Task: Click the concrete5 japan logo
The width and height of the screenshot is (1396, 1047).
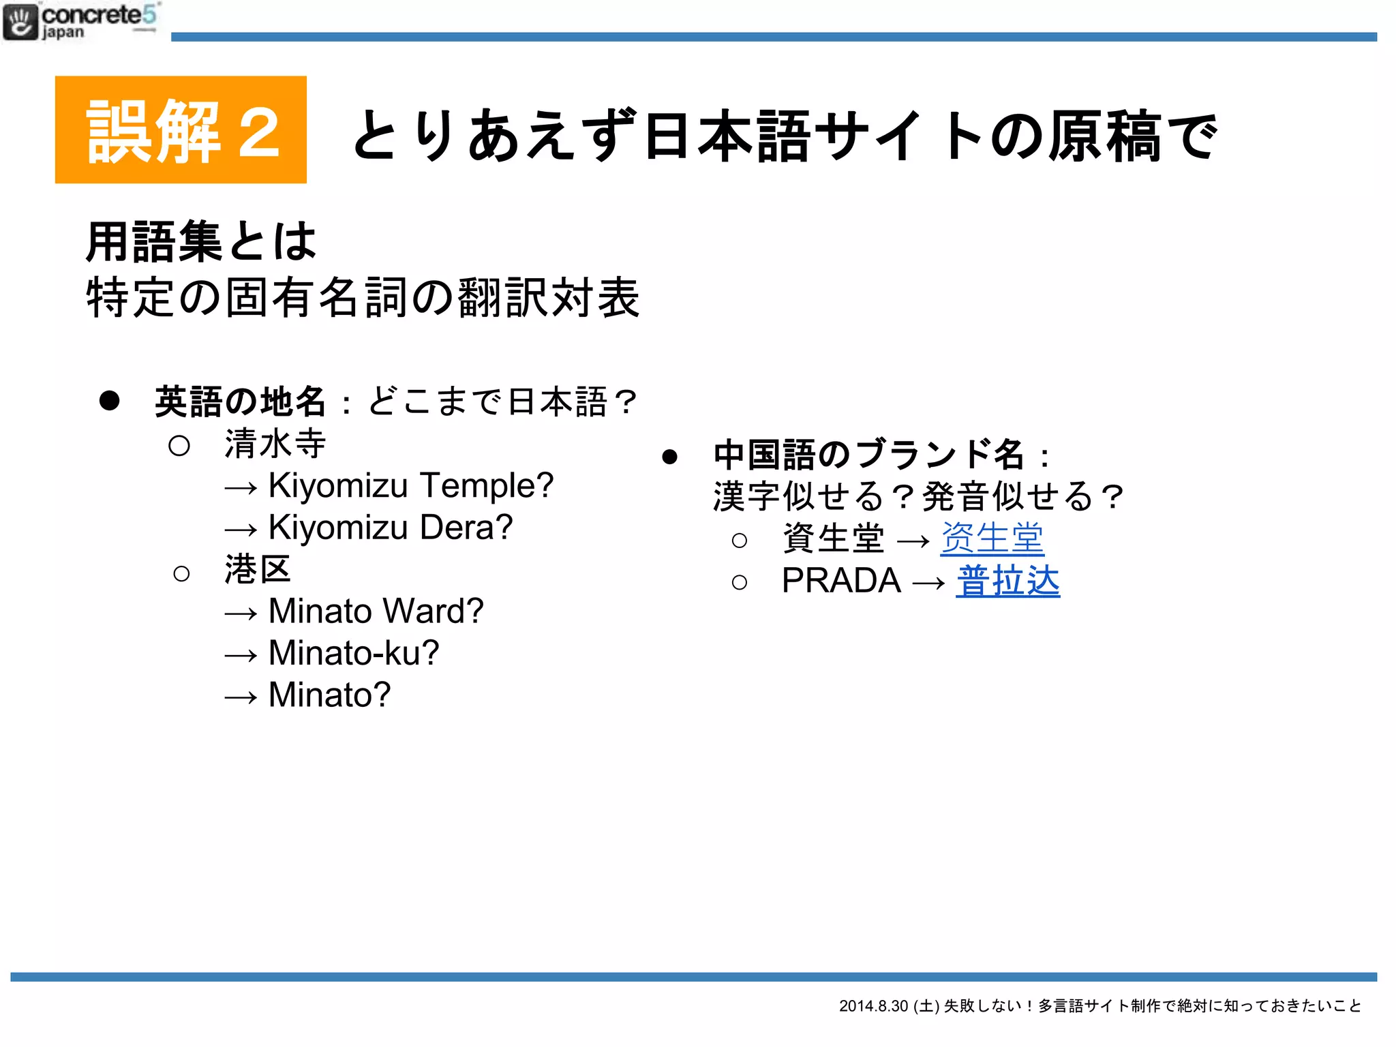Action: [80, 22]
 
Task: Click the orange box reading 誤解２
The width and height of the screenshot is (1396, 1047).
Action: [181, 130]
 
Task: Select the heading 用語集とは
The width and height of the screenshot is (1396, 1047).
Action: [201, 242]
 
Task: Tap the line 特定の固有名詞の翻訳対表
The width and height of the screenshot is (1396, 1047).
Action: [363, 298]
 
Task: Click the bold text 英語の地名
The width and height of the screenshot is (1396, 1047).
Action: [240, 401]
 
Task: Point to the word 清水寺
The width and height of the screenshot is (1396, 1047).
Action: [275, 444]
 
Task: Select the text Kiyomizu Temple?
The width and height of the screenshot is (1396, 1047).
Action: [410, 486]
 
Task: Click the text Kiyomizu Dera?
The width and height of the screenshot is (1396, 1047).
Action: [390, 528]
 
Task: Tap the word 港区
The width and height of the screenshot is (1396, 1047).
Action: [258, 570]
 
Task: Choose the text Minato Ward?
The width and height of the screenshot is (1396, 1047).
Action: [376, 611]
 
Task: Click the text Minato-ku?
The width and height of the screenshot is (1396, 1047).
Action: [354, 653]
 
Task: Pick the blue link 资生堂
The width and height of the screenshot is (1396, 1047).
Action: [992, 538]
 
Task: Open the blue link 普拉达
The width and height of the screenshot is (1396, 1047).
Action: [1007, 581]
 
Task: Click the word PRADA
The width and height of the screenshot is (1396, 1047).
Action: [841, 581]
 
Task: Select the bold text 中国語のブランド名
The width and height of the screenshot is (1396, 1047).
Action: [868, 455]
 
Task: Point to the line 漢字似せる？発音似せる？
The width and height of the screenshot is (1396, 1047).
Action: [917, 496]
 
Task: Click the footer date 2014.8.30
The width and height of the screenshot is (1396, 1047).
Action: [873, 1006]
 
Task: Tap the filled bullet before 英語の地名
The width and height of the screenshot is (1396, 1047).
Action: [110, 401]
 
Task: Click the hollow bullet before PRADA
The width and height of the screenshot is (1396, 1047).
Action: [739, 582]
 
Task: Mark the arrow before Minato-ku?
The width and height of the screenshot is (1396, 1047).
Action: [241, 656]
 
